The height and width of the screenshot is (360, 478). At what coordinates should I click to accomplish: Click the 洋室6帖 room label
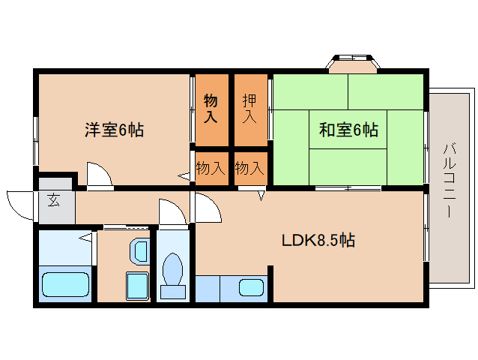click(114, 130)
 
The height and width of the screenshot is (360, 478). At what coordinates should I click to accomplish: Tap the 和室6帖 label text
click(348, 130)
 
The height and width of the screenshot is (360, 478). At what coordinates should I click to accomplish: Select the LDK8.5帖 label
click(318, 241)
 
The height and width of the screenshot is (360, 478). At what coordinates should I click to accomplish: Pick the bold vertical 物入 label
click(211, 109)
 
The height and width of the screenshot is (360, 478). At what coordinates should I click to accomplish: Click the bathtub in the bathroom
click(66, 285)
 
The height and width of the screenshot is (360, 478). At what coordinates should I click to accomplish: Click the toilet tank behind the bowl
click(173, 290)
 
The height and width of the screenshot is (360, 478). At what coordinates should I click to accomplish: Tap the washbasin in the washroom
click(139, 251)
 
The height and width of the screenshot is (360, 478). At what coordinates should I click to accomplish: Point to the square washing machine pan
click(136, 285)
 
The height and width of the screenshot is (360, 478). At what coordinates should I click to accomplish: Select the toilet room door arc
click(172, 211)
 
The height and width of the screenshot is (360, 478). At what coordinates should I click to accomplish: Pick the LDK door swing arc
click(208, 208)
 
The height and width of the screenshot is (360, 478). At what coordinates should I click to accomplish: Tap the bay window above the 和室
click(351, 63)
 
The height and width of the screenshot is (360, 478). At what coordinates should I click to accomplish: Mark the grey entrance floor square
click(56, 202)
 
